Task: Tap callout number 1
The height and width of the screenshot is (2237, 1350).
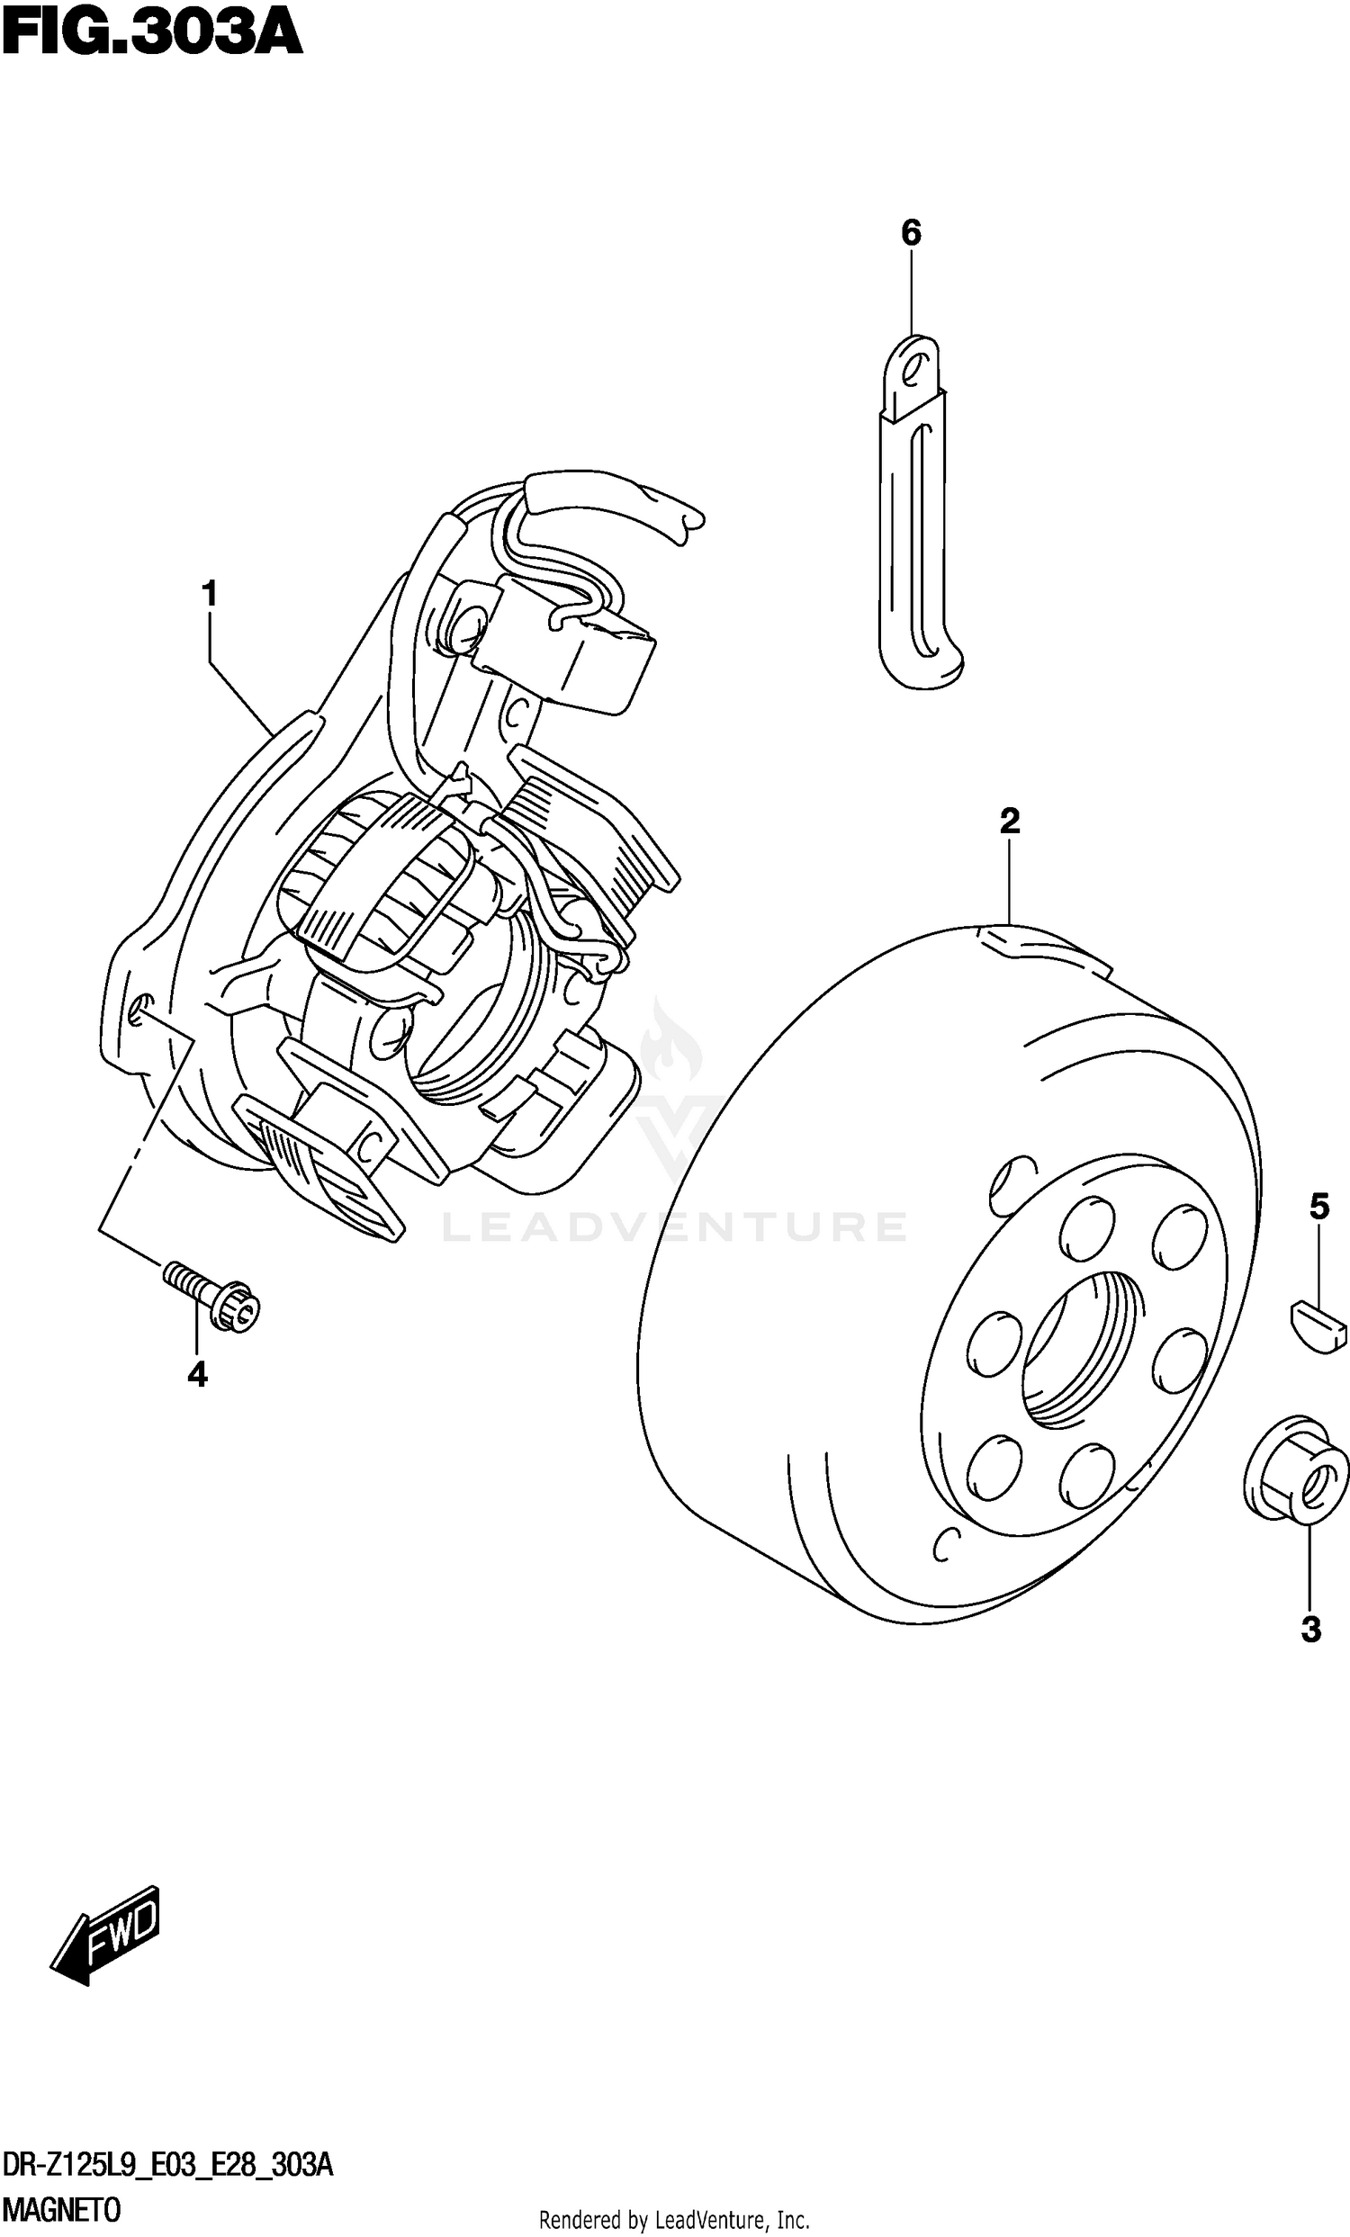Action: tap(210, 596)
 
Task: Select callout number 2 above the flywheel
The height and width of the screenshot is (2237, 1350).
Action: tap(1010, 822)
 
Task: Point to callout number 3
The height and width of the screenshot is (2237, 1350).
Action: tap(1310, 1631)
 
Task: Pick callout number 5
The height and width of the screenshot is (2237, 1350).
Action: tap(1319, 1207)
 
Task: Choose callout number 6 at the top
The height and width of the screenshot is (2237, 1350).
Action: tap(911, 233)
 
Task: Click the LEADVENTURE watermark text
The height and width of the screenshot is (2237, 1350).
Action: tap(673, 1226)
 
